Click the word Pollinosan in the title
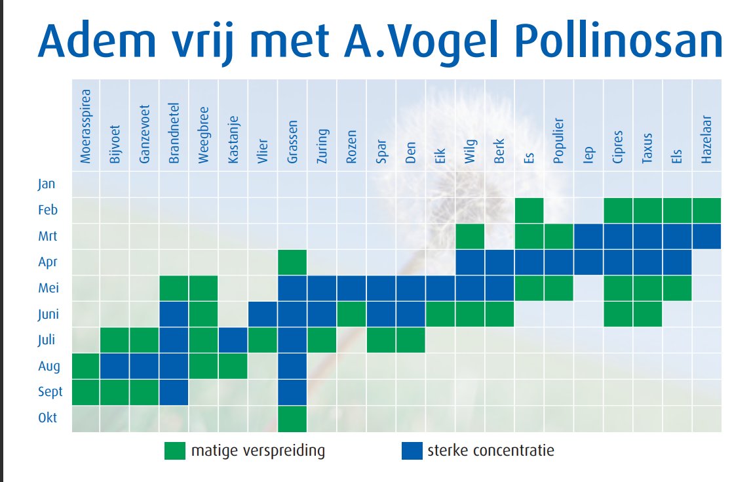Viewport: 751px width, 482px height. tap(619, 41)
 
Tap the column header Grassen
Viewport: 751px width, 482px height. tap(292, 142)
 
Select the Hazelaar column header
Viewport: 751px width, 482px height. tap(706, 140)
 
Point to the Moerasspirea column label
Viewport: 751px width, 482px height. tap(85, 127)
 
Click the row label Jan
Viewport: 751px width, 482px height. tap(47, 184)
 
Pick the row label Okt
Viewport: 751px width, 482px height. tap(47, 418)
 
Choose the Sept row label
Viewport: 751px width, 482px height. tap(50, 392)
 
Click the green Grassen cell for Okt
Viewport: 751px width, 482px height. tap(292, 419)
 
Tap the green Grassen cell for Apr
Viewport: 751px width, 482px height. tap(292, 262)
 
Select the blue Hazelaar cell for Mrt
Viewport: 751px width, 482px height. tap(706, 236)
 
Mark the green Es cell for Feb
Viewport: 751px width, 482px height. tap(530, 211)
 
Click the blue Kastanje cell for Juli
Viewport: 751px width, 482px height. tap(233, 340)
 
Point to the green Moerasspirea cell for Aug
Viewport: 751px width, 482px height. tap(86, 367)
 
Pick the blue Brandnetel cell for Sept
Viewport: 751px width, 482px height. tap(174, 392)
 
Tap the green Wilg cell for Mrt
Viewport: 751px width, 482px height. tap(470, 236)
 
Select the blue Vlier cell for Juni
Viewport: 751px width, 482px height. tap(263, 314)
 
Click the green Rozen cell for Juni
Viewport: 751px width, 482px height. tap(351, 314)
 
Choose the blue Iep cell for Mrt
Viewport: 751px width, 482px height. tap(588, 236)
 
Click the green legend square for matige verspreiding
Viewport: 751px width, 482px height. tap(175, 451)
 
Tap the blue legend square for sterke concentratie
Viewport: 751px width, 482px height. tap(412, 451)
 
